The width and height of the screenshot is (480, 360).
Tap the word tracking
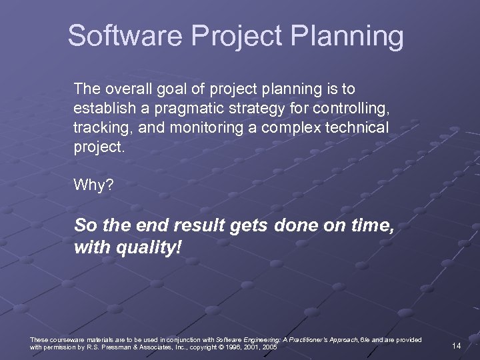[99, 128]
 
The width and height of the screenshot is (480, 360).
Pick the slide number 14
[457, 345]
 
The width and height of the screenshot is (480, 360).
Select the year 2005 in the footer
[269, 347]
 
